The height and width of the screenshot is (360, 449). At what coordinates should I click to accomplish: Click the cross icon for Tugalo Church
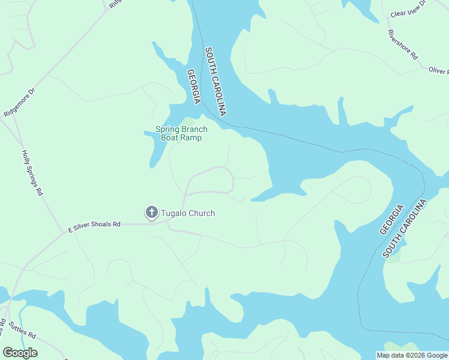tap(151, 212)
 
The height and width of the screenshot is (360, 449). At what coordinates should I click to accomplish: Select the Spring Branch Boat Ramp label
tap(181, 133)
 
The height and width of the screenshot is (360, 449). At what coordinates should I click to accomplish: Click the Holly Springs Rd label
tap(33, 173)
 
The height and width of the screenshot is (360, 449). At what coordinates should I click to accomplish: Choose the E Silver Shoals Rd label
tap(94, 226)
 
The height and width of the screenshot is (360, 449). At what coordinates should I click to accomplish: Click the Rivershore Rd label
tap(403, 44)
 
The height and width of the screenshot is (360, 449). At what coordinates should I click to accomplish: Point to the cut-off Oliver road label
tap(438, 71)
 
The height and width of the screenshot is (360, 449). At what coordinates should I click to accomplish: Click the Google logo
tap(20, 353)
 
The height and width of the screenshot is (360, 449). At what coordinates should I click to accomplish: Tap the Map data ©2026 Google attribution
tap(412, 355)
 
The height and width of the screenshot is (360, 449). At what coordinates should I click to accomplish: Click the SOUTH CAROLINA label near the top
tap(215, 82)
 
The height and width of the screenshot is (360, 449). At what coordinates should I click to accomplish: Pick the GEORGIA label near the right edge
tap(391, 220)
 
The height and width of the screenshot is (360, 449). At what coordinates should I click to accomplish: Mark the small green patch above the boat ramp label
tap(191, 121)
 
